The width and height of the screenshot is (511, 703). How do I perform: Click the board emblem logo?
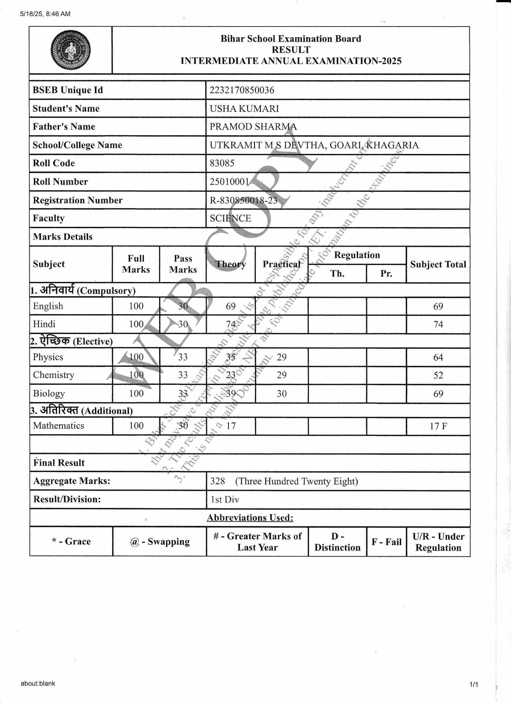(71, 50)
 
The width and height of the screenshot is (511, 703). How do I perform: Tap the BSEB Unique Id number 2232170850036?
(242, 90)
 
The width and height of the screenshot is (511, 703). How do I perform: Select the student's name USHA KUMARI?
(244, 109)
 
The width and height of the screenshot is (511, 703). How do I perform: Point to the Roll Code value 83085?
(222, 163)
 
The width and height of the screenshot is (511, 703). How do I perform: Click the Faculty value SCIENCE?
(230, 218)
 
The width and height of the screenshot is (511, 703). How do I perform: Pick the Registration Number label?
(78, 200)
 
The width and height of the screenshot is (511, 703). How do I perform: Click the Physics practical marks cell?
(281, 357)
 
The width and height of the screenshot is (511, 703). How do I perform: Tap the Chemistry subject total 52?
(438, 375)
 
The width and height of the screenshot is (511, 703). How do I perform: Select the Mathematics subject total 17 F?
(438, 426)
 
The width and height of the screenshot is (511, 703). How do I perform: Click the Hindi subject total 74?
(438, 324)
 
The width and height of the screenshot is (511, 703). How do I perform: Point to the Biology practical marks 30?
(281, 394)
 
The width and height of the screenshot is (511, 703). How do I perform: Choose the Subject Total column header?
(438, 264)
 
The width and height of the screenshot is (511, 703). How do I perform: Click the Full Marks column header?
(136, 264)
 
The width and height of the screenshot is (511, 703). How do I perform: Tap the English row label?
(48, 306)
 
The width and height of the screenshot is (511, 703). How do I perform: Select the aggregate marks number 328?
(217, 481)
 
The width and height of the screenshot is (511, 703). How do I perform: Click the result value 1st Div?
(225, 499)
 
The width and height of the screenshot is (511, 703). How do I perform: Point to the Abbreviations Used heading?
(250, 518)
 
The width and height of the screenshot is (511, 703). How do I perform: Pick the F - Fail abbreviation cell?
(386, 542)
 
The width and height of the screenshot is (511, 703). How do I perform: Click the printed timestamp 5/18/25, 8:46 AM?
(45, 14)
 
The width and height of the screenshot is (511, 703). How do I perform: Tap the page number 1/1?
(474, 684)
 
